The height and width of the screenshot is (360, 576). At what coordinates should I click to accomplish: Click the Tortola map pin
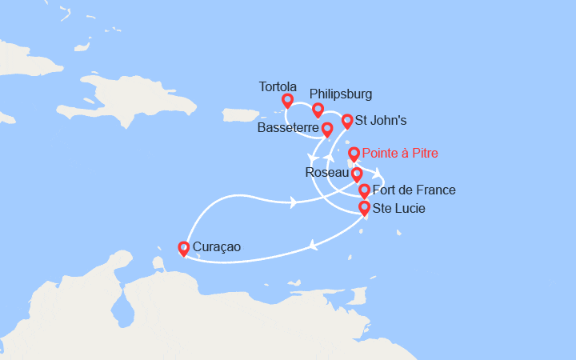coord(287,100)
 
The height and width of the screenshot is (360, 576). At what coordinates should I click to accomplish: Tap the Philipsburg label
coord(340,94)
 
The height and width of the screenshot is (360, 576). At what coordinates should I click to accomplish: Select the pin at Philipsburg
coord(318,110)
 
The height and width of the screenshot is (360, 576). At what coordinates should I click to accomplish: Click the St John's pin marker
coord(347,121)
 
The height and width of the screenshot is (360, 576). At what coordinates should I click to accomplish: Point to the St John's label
coord(382,122)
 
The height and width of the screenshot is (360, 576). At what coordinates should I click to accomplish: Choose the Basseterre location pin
coord(327,128)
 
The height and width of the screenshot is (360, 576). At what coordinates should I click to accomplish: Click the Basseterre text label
coord(288,128)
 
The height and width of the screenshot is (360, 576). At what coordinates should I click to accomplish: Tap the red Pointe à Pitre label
coord(400,153)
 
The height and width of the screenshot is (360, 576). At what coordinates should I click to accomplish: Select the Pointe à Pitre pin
coord(354,153)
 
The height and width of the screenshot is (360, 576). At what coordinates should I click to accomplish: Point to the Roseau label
coord(326,173)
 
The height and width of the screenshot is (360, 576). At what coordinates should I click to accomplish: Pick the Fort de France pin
coord(364,190)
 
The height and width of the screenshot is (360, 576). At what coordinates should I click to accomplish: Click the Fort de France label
coord(414,190)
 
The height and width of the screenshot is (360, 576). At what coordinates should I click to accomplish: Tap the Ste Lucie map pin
coord(364,208)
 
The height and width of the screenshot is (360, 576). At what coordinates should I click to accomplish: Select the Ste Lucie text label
coord(399,209)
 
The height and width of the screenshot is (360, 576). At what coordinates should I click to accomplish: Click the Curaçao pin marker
coord(184,248)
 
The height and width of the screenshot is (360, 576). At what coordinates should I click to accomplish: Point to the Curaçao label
coord(218,249)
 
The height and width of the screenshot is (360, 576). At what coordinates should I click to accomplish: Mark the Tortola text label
coord(278,86)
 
